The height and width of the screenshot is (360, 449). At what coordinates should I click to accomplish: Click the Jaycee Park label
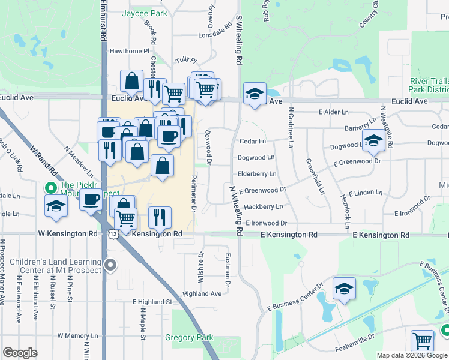click(x=144, y=13)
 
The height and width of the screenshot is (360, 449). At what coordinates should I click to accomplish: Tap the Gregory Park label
click(x=189, y=338)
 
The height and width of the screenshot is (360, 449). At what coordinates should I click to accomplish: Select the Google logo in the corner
click(x=20, y=353)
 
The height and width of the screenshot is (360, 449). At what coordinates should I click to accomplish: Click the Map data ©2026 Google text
click(x=412, y=355)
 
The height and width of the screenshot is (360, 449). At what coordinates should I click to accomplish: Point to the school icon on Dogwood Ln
click(x=373, y=142)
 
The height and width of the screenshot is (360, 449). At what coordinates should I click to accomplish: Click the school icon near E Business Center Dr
click(x=344, y=289)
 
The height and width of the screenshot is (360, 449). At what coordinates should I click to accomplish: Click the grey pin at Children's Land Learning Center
click(x=110, y=265)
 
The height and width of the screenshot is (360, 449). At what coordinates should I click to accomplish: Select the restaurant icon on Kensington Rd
click(x=160, y=217)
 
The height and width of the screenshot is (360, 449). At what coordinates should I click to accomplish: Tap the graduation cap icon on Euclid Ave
click(x=255, y=94)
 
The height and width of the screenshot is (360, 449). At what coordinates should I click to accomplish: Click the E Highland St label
click(x=152, y=301)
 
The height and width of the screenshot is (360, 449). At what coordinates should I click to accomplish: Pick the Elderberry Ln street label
click(x=257, y=174)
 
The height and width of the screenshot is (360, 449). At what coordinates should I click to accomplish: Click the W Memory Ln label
click(x=77, y=336)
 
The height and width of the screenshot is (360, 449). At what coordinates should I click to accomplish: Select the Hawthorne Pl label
click(x=128, y=52)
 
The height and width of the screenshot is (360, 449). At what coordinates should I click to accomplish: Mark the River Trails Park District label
click(x=429, y=85)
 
